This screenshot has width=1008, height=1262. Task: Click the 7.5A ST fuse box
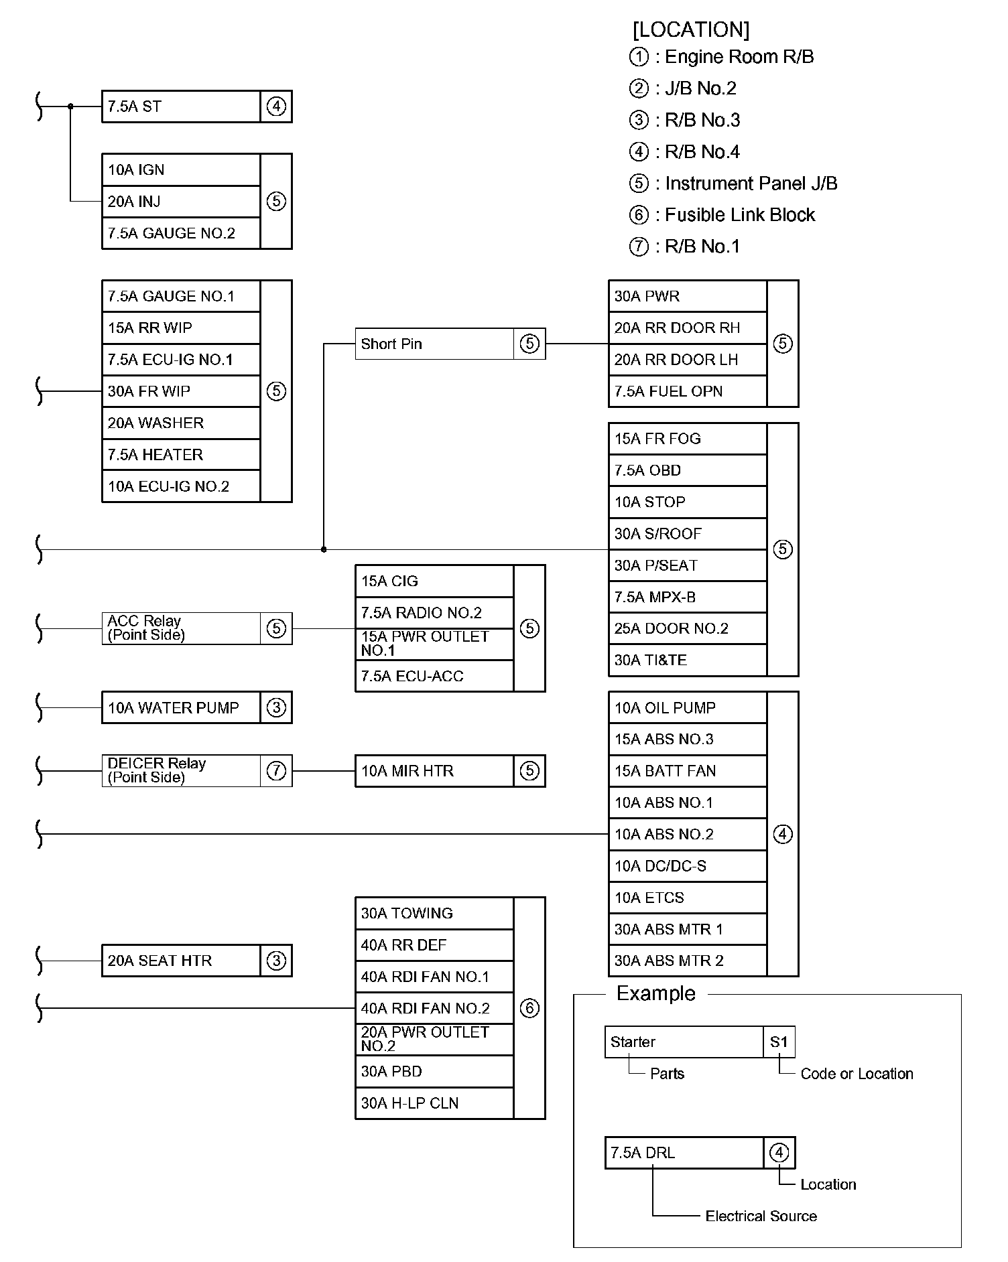click(x=180, y=107)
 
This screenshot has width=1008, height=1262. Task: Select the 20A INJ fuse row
click(x=180, y=202)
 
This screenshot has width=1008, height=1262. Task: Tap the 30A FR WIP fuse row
click(x=180, y=391)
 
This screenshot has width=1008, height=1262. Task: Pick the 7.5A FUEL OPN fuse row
click(x=687, y=391)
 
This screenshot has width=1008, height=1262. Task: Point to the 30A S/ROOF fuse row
click(x=687, y=534)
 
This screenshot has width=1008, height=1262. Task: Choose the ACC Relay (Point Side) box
click(x=180, y=628)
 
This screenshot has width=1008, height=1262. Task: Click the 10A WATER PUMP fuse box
click(x=180, y=708)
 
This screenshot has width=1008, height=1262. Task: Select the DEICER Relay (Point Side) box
click(x=180, y=771)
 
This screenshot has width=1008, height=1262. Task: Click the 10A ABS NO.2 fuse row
click(x=687, y=835)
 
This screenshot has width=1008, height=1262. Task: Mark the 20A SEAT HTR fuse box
click(x=180, y=961)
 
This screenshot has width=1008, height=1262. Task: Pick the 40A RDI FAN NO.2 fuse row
click(x=434, y=1009)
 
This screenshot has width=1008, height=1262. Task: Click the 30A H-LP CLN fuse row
click(x=434, y=1103)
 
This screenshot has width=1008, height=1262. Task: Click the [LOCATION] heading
click(x=691, y=29)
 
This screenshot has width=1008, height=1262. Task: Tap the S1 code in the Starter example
click(x=779, y=1042)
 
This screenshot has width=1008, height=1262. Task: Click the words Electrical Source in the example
click(x=761, y=1216)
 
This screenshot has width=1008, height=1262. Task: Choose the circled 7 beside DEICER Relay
click(x=276, y=771)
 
